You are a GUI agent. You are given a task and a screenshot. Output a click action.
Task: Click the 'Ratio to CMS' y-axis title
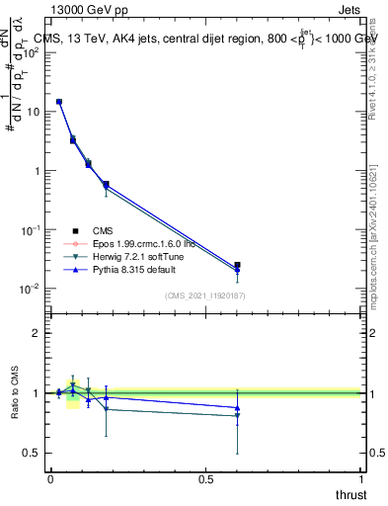pyautogui.click(x=13, y=393)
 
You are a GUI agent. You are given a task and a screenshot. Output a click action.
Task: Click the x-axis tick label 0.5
pyautogui.click(x=205, y=479)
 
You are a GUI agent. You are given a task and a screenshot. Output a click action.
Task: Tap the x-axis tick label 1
pyautogui.click(x=362, y=479)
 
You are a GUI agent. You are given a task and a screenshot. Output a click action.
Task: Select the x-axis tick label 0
pyautogui.click(x=50, y=479)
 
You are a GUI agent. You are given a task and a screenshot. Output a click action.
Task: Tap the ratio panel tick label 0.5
pyautogui.click(x=33, y=453)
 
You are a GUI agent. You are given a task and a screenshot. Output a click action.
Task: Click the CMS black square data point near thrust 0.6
pyautogui.click(x=237, y=265)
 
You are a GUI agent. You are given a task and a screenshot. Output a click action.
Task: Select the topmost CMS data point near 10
pyautogui.click(x=59, y=102)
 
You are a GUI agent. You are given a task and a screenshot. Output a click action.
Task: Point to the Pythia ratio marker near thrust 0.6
pyautogui.click(x=237, y=407)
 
